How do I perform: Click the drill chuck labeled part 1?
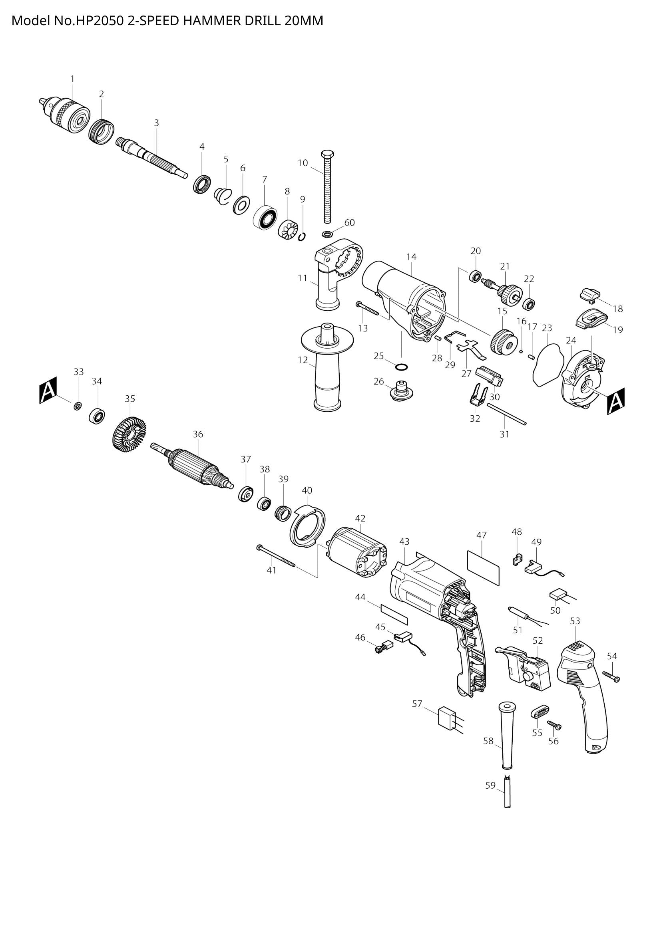coord(67,112)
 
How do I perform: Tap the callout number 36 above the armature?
coord(198,434)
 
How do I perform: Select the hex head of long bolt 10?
coord(328,155)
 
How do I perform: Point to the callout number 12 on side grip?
coord(303,360)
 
